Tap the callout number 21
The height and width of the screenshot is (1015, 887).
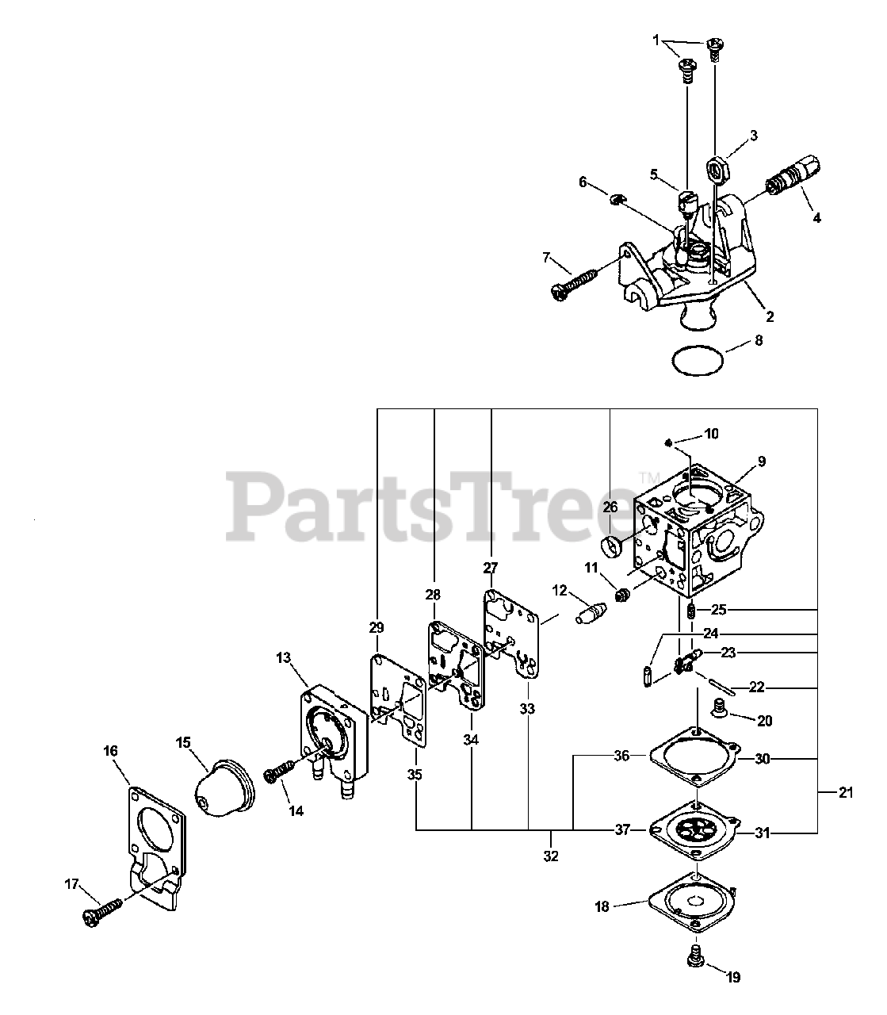coord(847,792)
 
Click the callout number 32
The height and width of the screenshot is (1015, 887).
coord(551,856)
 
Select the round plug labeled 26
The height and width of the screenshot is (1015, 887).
coord(613,547)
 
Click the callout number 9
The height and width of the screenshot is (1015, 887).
coord(761,461)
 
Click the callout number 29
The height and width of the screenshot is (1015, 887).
coord(377,626)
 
